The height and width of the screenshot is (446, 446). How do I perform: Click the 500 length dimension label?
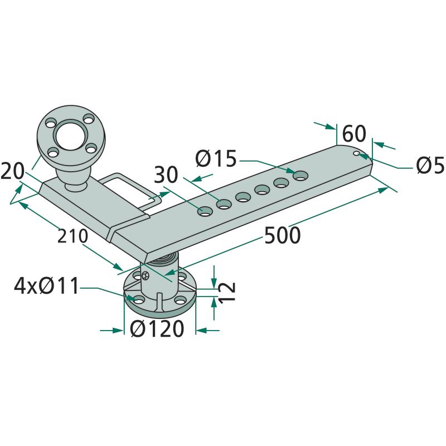pos(282,235)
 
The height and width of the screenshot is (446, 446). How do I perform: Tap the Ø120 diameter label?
pos(157,328)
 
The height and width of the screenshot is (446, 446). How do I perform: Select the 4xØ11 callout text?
pos(46,286)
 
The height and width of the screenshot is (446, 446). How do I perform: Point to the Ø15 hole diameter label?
pos(216,158)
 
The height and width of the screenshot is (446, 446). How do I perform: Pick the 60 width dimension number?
pos(354,133)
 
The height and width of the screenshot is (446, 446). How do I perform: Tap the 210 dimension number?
pos(72,236)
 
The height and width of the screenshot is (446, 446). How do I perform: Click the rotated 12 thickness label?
pos(228,292)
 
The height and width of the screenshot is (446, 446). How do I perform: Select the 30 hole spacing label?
pos(166,174)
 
